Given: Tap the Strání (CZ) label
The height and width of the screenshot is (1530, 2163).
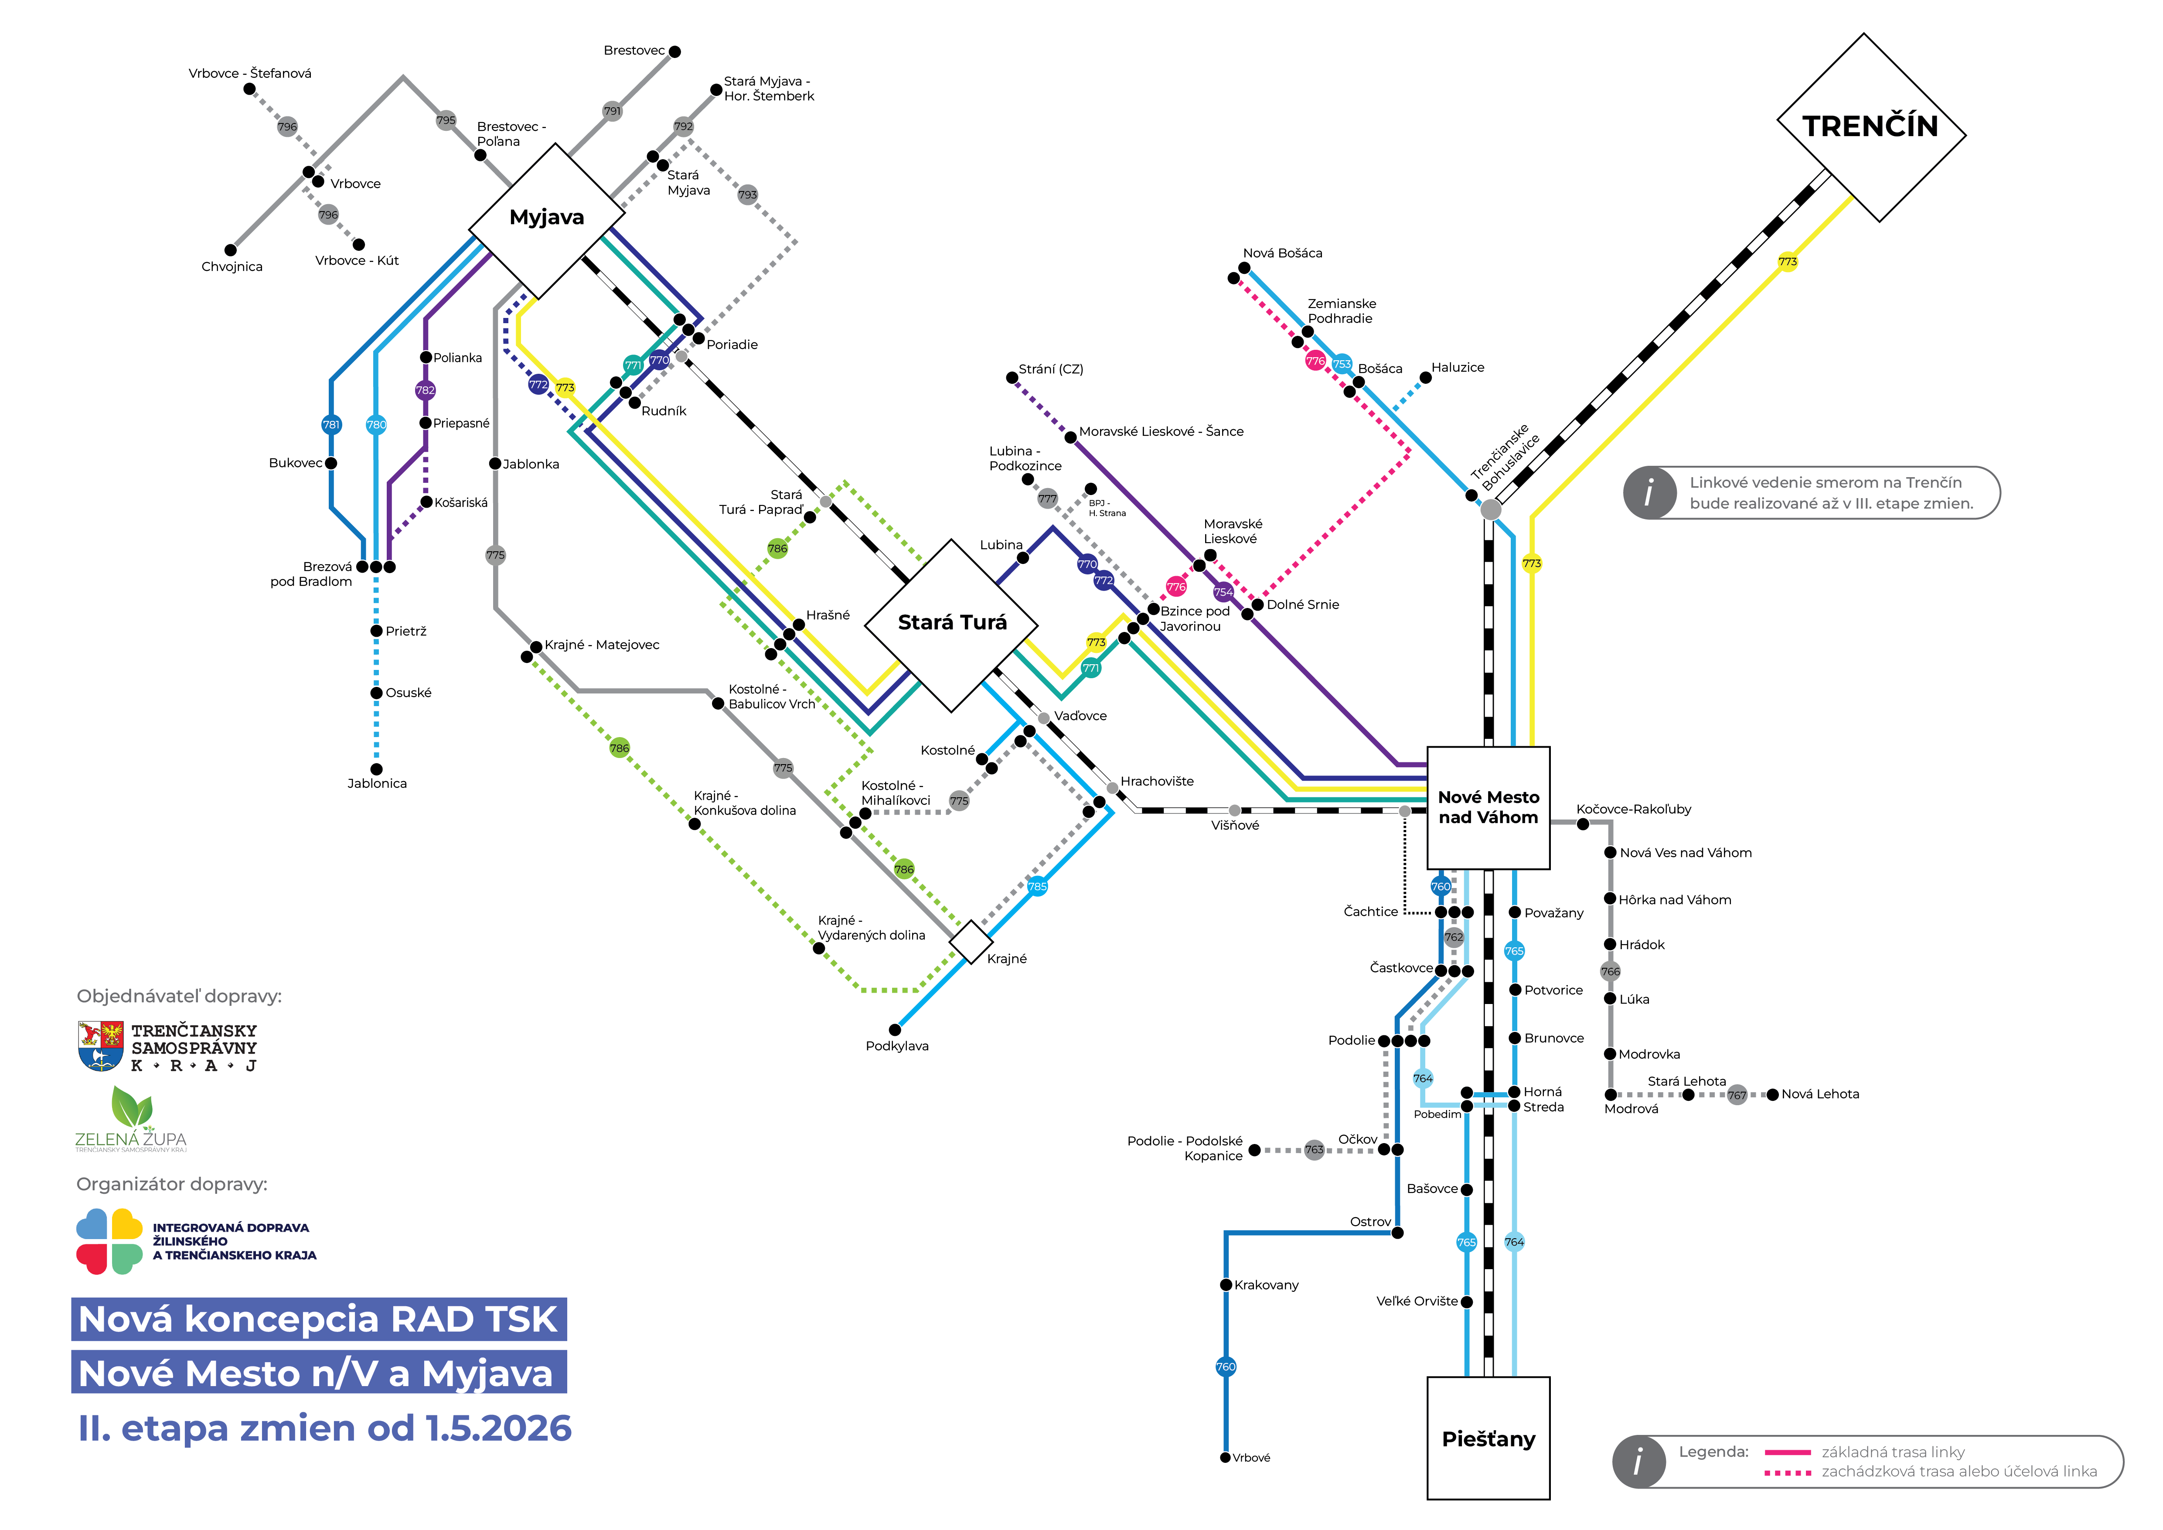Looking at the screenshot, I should (1050, 369).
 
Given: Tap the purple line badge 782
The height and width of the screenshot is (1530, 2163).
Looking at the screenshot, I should (426, 390).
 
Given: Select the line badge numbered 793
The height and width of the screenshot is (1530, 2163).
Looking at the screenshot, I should (747, 195).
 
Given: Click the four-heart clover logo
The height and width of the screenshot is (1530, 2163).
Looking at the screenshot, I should (109, 1241).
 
